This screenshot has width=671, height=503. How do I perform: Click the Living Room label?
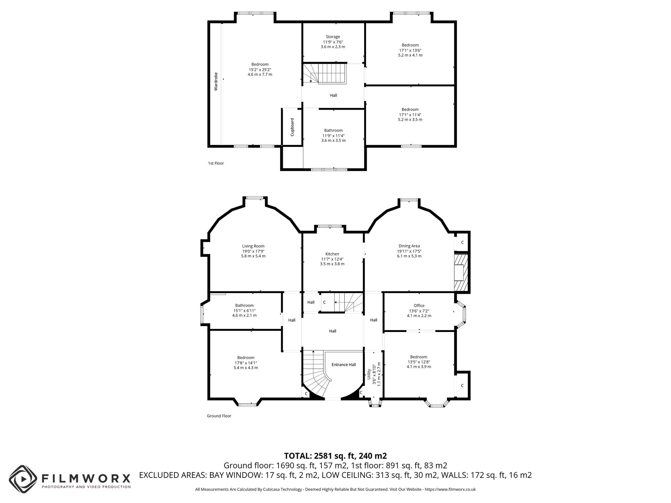pos(253,246)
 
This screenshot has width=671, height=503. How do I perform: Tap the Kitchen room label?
pos(332,254)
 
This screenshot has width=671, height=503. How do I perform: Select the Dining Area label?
pos(409,246)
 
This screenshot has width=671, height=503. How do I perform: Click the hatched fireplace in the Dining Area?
pos(461,272)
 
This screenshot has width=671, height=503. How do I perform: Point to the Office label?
pos(419,305)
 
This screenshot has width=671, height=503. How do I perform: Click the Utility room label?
pos(369,374)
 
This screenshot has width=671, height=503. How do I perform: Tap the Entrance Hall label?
pos(344,365)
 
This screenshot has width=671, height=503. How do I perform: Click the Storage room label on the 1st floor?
pos(333,37)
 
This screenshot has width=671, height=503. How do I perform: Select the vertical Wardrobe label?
pos(216,81)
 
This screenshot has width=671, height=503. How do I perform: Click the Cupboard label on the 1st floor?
pos(292,127)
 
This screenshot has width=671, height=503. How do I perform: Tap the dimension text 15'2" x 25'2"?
pos(260,69)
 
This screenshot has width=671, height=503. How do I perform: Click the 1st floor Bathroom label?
pos(333,130)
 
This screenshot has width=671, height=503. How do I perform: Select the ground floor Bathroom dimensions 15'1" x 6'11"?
pos(244,311)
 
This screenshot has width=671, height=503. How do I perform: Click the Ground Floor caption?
pos(219,416)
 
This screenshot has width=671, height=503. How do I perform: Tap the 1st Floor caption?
pos(216,163)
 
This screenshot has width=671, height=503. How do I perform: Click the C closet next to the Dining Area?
pos(462,242)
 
